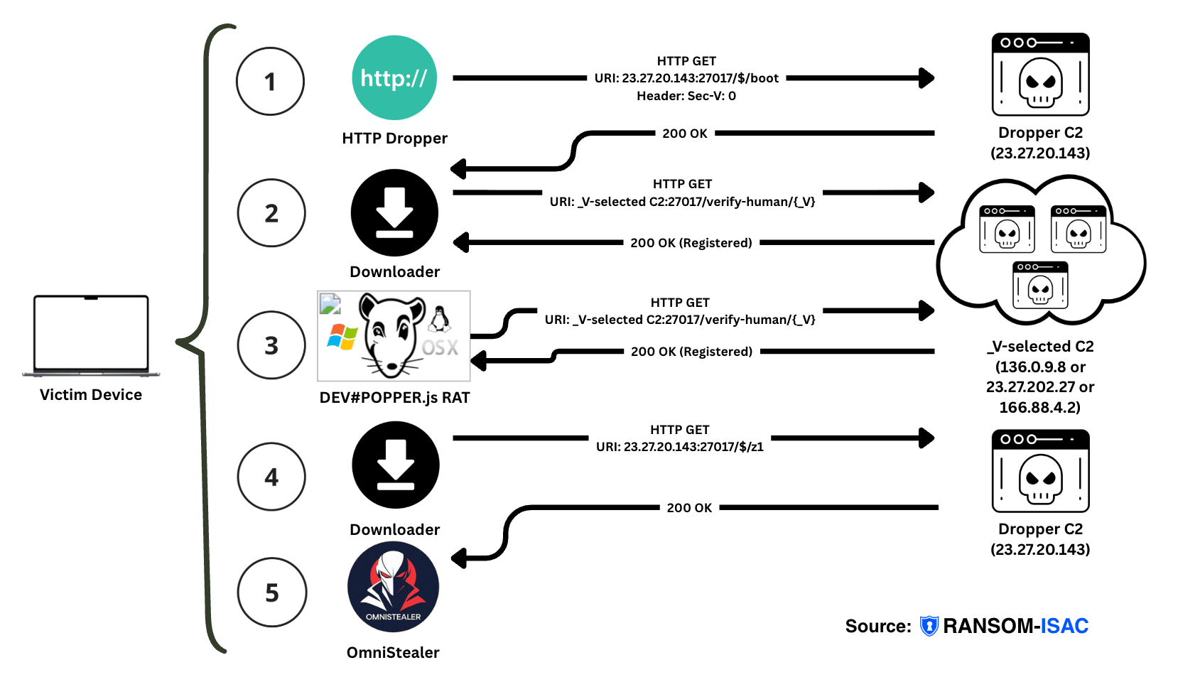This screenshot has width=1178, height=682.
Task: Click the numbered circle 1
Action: (x=270, y=81)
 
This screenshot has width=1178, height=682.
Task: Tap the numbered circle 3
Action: (x=271, y=345)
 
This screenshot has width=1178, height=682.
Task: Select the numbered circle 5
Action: (x=272, y=592)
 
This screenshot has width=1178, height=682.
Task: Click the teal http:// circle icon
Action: (x=394, y=77)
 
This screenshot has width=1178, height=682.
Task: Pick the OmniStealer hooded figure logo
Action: (x=393, y=587)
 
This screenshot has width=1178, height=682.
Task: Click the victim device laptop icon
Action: (x=91, y=335)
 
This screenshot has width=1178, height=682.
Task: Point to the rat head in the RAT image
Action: (x=391, y=334)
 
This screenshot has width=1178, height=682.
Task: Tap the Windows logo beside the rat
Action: (x=342, y=337)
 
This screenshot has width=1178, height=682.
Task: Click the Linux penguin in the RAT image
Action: (x=440, y=319)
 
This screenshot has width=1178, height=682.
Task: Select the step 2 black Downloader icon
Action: (x=394, y=212)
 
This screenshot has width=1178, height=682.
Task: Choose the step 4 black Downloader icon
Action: (x=395, y=465)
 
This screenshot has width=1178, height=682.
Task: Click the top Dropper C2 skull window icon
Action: (x=1040, y=75)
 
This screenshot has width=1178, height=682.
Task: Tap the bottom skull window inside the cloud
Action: (x=1040, y=285)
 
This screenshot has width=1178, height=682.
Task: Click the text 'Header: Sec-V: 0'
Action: (x=686, y=96)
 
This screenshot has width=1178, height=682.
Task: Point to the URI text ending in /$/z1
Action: (x=679, y=447)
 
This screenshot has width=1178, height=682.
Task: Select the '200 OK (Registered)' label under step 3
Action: (x=691, y=352)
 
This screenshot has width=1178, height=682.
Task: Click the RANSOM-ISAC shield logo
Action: (x=929, y=626)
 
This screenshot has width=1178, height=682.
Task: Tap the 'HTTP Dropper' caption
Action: (x=394, y=139)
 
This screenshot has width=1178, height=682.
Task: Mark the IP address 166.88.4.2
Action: (x=1039, y=407)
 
